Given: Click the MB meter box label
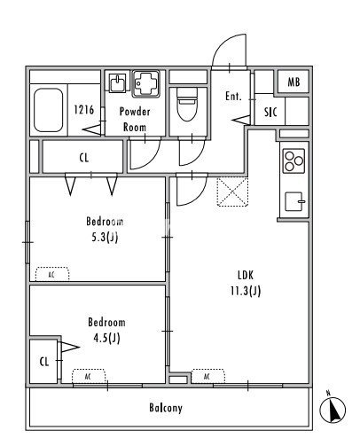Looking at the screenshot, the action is [x=293, y=82].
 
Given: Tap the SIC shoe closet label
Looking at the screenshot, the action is [x=270, y=112].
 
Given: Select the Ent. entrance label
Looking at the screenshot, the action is [x=233, y=96].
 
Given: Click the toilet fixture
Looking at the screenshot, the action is [x=187, y=105].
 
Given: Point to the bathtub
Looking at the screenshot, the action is [x=48, y=110].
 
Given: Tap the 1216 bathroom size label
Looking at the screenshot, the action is [x=84, y=110].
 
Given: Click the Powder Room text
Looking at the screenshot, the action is [x=135, y=120].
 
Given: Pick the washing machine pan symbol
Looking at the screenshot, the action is [x=146, y=83].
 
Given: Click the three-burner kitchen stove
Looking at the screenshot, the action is [x=293, y=160].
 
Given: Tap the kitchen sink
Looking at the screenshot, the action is [x=294, y=201].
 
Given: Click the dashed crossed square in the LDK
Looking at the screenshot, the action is [x=232, y=192].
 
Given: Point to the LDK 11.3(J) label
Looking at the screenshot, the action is [x=246, y=283].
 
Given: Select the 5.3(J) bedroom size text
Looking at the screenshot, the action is [x=105, y=237].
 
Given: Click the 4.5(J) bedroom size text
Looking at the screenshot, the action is [x=106, y=338].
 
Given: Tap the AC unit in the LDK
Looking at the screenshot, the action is [x=207, y=376].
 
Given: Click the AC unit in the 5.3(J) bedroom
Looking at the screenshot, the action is [x=52, y=274].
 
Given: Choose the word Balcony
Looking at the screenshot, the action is [x=166, y=408].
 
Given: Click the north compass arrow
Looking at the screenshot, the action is [x=333, y=410].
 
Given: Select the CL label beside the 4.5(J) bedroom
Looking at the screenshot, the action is [x=44, y=362].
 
